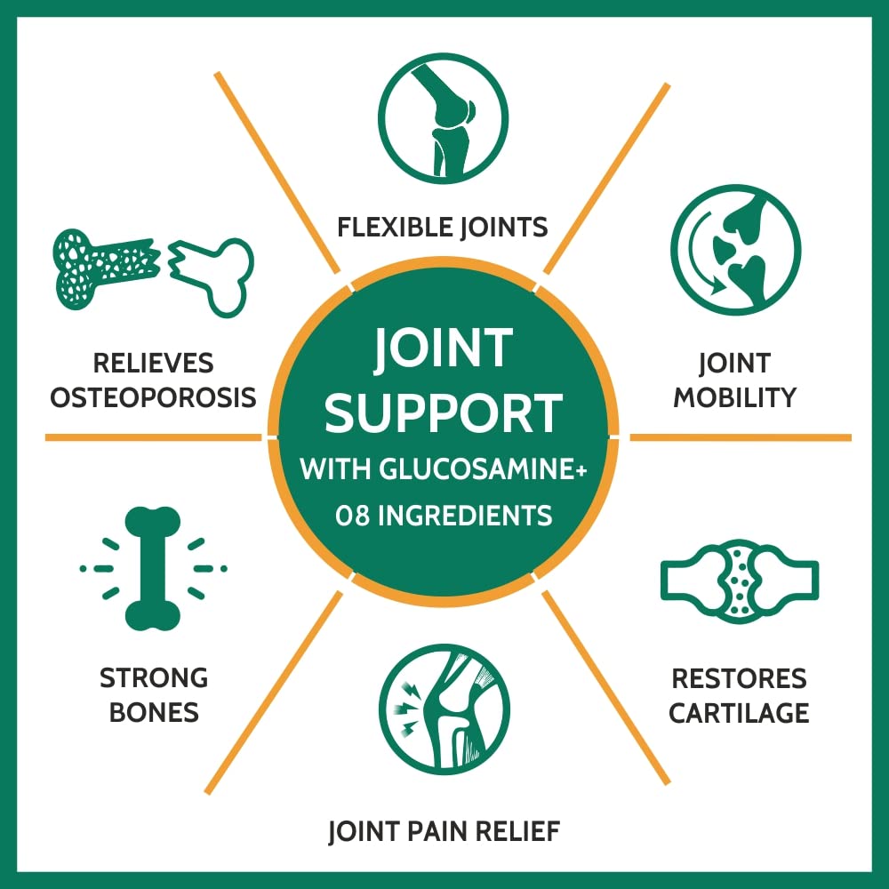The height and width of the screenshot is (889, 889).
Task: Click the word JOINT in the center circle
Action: click(444, 348)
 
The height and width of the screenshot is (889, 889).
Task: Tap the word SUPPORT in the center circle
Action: click(444, 412)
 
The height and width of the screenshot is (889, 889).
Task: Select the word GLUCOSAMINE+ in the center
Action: click(483, 469)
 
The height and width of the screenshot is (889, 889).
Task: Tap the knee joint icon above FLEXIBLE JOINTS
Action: click(443, 118)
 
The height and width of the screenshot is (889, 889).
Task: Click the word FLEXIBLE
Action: click(394, 227)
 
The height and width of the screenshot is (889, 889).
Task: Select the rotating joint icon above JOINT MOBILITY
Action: click(735, 250)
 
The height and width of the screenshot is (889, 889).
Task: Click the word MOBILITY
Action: click(735, 396)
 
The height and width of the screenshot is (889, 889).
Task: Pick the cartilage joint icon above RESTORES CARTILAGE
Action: click(740, 581)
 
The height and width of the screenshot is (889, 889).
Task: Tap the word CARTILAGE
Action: click(739, 713)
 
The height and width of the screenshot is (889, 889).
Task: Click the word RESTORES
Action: click(739, 678)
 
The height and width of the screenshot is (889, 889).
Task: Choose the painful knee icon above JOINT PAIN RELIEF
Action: click(444, 709)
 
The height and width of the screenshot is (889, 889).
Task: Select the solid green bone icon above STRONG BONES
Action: click(153, 569)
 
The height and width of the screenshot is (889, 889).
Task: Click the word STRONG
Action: click(154, 677)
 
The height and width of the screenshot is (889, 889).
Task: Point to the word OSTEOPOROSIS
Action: click(153, 396)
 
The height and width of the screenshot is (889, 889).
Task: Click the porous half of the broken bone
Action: click(106, 268)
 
